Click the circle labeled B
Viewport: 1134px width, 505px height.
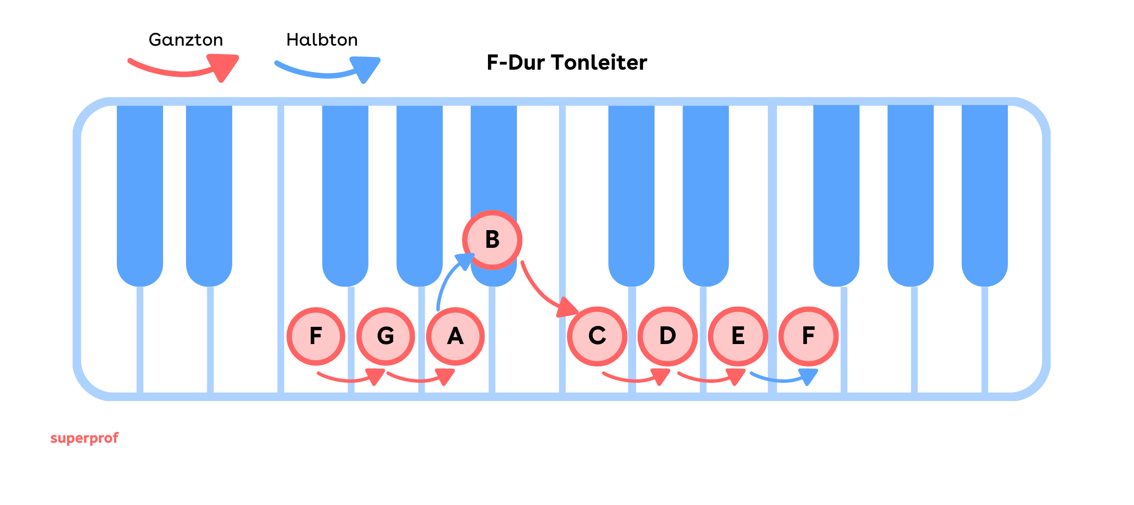click(492, 239)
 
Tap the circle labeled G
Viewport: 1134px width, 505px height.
click(385, 336)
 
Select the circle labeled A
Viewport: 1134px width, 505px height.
click(455, 336)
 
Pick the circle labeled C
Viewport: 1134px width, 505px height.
click(597, 336)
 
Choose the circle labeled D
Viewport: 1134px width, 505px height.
click(667, 336)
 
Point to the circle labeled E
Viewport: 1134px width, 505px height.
click(738, 336)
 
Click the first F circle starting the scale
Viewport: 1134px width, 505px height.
click(316, 336)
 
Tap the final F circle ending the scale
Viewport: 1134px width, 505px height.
click(808, 336)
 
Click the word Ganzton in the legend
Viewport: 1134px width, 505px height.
click(186, 40)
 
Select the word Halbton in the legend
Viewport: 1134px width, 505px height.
click(322, 40)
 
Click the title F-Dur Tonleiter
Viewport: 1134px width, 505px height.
click(567, 63)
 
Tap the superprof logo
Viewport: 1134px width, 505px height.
click(84, 438)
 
